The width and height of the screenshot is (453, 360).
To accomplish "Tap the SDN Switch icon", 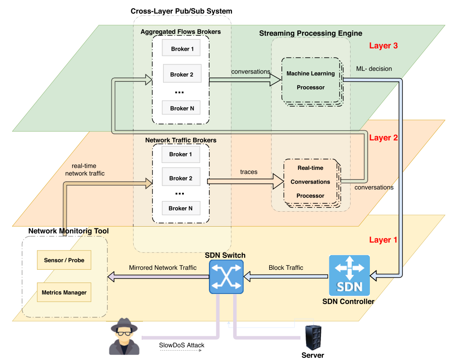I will (x=226, y=276).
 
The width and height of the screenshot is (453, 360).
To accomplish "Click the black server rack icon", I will (x=313, y=337).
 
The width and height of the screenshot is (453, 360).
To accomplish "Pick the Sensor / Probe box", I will (x=64, y=260).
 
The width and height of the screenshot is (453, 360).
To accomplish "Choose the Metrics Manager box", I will (x=64, y=292).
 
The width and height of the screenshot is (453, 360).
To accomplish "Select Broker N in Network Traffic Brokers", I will (x=180, y=208).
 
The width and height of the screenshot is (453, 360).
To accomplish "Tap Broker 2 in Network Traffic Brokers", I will (x=181, y=178).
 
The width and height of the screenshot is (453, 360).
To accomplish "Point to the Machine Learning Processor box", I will (x=311, y=80).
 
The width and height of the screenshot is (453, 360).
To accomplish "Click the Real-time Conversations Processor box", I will (x=311, y=181).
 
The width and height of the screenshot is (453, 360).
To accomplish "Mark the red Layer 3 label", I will (x=384, y=46).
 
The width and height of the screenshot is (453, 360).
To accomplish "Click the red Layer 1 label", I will (x=383, y=240).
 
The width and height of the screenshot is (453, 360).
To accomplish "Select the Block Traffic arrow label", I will (x=286, y=268).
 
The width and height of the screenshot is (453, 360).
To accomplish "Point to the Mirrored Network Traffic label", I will (x=160, y=268).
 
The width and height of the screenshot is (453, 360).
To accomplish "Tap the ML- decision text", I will (x=374, y=69).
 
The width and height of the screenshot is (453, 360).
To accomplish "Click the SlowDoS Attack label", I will (x=182, y=345).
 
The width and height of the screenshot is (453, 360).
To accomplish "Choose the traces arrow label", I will (x=249, y=172).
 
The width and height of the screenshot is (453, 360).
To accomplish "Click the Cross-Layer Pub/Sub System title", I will (x=181, y=11).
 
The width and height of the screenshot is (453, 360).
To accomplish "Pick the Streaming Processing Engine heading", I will (x=311, y=33).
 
